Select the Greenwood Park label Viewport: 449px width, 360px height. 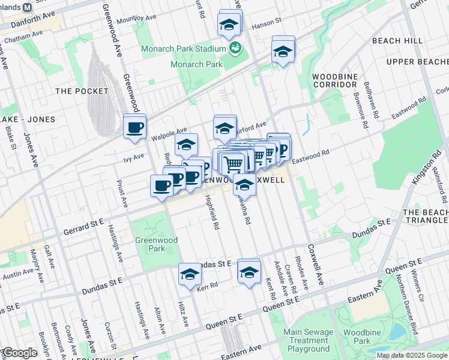tap(149, 244)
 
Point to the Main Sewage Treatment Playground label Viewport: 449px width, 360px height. tap(308, 340)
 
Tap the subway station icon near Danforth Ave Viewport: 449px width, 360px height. tap(26, 8)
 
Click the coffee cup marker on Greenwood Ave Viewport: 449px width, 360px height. tap(134, 127)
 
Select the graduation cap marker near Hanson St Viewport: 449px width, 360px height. tap(229, 25)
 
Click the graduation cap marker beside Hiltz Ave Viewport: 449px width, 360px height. tap(190, 274)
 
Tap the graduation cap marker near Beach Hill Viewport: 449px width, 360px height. tap(283, 52)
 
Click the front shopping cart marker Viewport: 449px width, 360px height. tap(233, 162)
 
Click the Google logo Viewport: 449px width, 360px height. tap(20, 353)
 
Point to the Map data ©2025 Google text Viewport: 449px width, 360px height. tap(411, 355)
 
